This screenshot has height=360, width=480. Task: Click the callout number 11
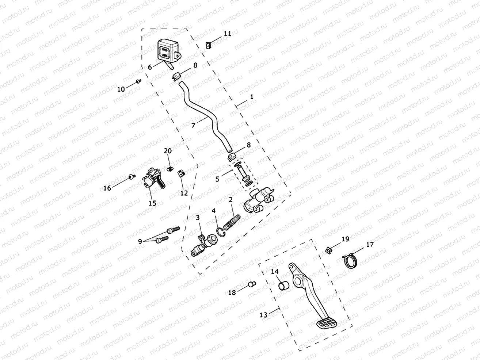pos(227,33)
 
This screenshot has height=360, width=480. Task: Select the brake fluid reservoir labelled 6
pos(167,51)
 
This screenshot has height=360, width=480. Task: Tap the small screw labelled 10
pos(138,81)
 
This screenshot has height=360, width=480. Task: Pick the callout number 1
pos(251,97)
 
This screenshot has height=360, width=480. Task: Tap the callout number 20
pos(167,151)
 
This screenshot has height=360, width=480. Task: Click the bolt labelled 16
pos(131,177)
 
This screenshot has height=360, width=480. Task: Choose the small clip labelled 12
pos(180,173)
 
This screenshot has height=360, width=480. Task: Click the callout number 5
pos(218,179)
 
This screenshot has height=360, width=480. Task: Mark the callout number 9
pos(140,241)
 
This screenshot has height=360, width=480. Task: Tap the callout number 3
pos(197,218)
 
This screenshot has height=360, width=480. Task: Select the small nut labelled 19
pos(328,250)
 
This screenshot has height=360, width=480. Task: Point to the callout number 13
pos(264,314)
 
